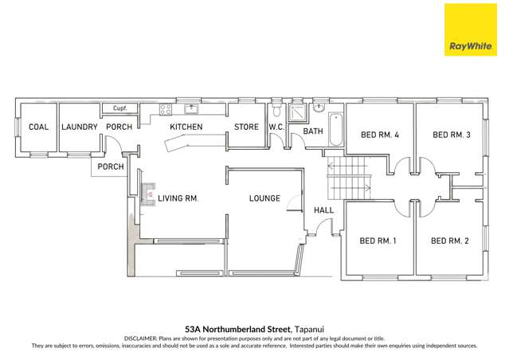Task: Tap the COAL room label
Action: (x=39, y=127)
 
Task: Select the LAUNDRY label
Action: (x=79, y=127)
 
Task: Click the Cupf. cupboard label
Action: (x=120, y=108)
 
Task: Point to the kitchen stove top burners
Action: (x=166, y=110)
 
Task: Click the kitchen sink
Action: (x=191, y=109)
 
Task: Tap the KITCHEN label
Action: (x=186, y=127)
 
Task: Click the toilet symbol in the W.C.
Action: (x=276, y=108)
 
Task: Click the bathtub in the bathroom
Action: (x=334, y=129)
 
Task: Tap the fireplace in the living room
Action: (x=147, y=194)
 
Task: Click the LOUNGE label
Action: (x=264, y=198)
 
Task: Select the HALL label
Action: (x=323, y=210)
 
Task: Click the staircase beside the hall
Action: (x=350, y=177)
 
